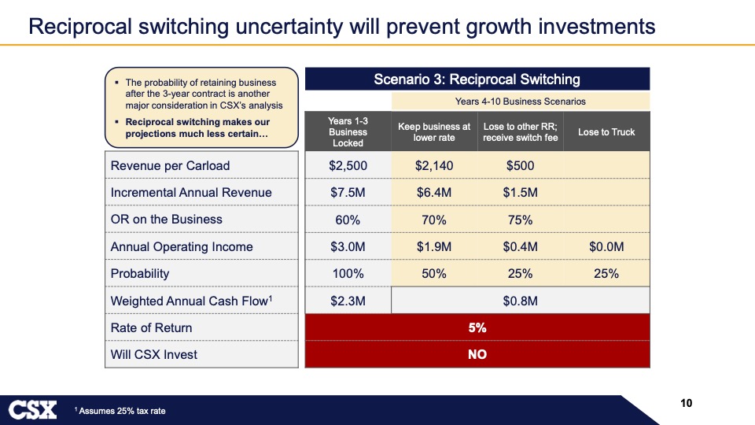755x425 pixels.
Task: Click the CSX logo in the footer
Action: [x=33, y=409]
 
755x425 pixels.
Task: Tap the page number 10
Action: [x=686, y=404]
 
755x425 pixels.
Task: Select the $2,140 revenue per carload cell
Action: [x=434, y=165]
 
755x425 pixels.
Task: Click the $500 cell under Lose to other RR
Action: [x=520, y=165]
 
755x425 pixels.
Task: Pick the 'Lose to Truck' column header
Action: [x=606, y=131]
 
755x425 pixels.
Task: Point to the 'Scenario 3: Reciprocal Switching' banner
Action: [x=477, y=79]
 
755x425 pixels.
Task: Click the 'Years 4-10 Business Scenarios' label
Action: [x=520, y=101]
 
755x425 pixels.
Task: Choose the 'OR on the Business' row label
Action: [x=166, y=220]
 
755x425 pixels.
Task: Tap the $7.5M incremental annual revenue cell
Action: [x=348, y=193]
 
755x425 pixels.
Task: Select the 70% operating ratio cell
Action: [x=434, y=220]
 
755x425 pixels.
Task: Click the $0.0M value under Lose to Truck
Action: [x=606, y=247]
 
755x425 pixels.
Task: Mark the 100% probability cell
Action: [x=348, y=274]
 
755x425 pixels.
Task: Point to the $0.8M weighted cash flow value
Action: [x=520, y=301]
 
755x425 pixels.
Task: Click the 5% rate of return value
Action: [x=477, y=327]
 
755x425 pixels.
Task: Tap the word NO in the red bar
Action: [x=477, y=354]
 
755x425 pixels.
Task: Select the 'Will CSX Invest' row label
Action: [x=154, y=354]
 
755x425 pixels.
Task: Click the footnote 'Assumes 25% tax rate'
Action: [x=122, y=411]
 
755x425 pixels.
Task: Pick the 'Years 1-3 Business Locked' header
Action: [x=348, y=131]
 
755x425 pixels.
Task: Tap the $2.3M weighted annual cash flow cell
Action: [x=348, y=301]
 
